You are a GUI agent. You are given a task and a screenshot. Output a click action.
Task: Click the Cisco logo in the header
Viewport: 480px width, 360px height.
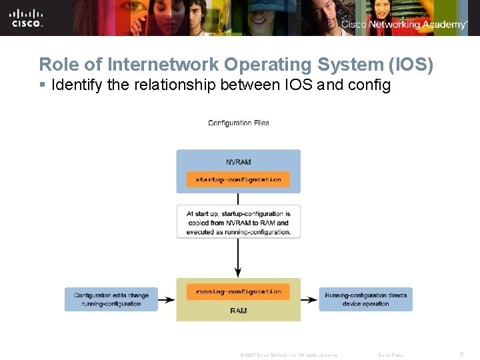tap(27, 17)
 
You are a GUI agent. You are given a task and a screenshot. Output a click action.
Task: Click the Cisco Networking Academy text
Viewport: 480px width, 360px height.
tap(404, 25)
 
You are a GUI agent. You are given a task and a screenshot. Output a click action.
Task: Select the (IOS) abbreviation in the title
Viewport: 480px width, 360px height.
tap(409, 65)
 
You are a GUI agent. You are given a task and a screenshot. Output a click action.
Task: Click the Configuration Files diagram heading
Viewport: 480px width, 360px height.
tap(238, 123)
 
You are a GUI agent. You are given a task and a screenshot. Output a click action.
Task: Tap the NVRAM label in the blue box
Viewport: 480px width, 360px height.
tap(238, 162)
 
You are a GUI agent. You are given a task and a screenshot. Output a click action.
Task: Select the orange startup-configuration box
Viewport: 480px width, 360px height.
tap(238, 179)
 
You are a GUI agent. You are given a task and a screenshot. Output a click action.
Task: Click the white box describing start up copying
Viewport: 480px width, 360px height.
tap(238, 222)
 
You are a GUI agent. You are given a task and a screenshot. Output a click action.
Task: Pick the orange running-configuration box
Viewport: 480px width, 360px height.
tap(238, 291)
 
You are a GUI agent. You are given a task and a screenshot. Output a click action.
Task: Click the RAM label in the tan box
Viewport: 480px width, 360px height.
tap(238, 311)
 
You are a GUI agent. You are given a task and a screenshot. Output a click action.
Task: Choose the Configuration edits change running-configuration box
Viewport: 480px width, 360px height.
tap(111, 299)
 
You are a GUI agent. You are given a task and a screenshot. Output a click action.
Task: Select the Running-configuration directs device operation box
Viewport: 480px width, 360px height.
tap(365, 299)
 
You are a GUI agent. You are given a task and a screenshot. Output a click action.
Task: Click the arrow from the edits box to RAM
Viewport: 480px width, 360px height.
tap(167, 299)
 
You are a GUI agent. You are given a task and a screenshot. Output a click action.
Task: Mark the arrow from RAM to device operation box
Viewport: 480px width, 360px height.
tap(309, 299)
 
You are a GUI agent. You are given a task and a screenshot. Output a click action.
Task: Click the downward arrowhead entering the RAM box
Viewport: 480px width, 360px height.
tap(238, 273)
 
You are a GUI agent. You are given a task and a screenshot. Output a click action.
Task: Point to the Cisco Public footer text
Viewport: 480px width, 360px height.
tap(391, 355)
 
